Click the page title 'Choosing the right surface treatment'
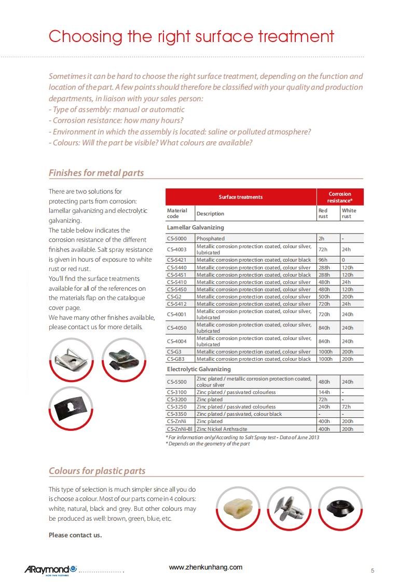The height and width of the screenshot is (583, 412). click(x=191, y=37)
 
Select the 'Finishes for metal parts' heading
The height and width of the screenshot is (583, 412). click(x=96, y=173)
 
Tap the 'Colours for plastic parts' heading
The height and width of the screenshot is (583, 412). click(x=97, y=471)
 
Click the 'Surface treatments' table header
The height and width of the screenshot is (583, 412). click(x=240, y=197)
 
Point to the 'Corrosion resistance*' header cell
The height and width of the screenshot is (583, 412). click(x=340, y=197)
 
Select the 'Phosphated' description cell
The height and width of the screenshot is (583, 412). click(x=211, y=239)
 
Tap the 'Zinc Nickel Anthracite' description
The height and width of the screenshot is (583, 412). click(x=222, y=429)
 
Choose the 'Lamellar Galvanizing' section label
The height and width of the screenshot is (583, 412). click(x=195, y=227)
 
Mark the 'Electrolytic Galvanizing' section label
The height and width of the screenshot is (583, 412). click(x=199, y=369)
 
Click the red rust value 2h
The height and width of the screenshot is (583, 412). click(x=321, y=239)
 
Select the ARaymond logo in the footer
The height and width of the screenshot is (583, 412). click(x=50, y=570)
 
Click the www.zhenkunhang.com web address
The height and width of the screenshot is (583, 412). click(x=205, y=567)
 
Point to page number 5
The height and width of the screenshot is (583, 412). click(x=373, y=571)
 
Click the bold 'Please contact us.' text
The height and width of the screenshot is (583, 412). click(x=75, y=535)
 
